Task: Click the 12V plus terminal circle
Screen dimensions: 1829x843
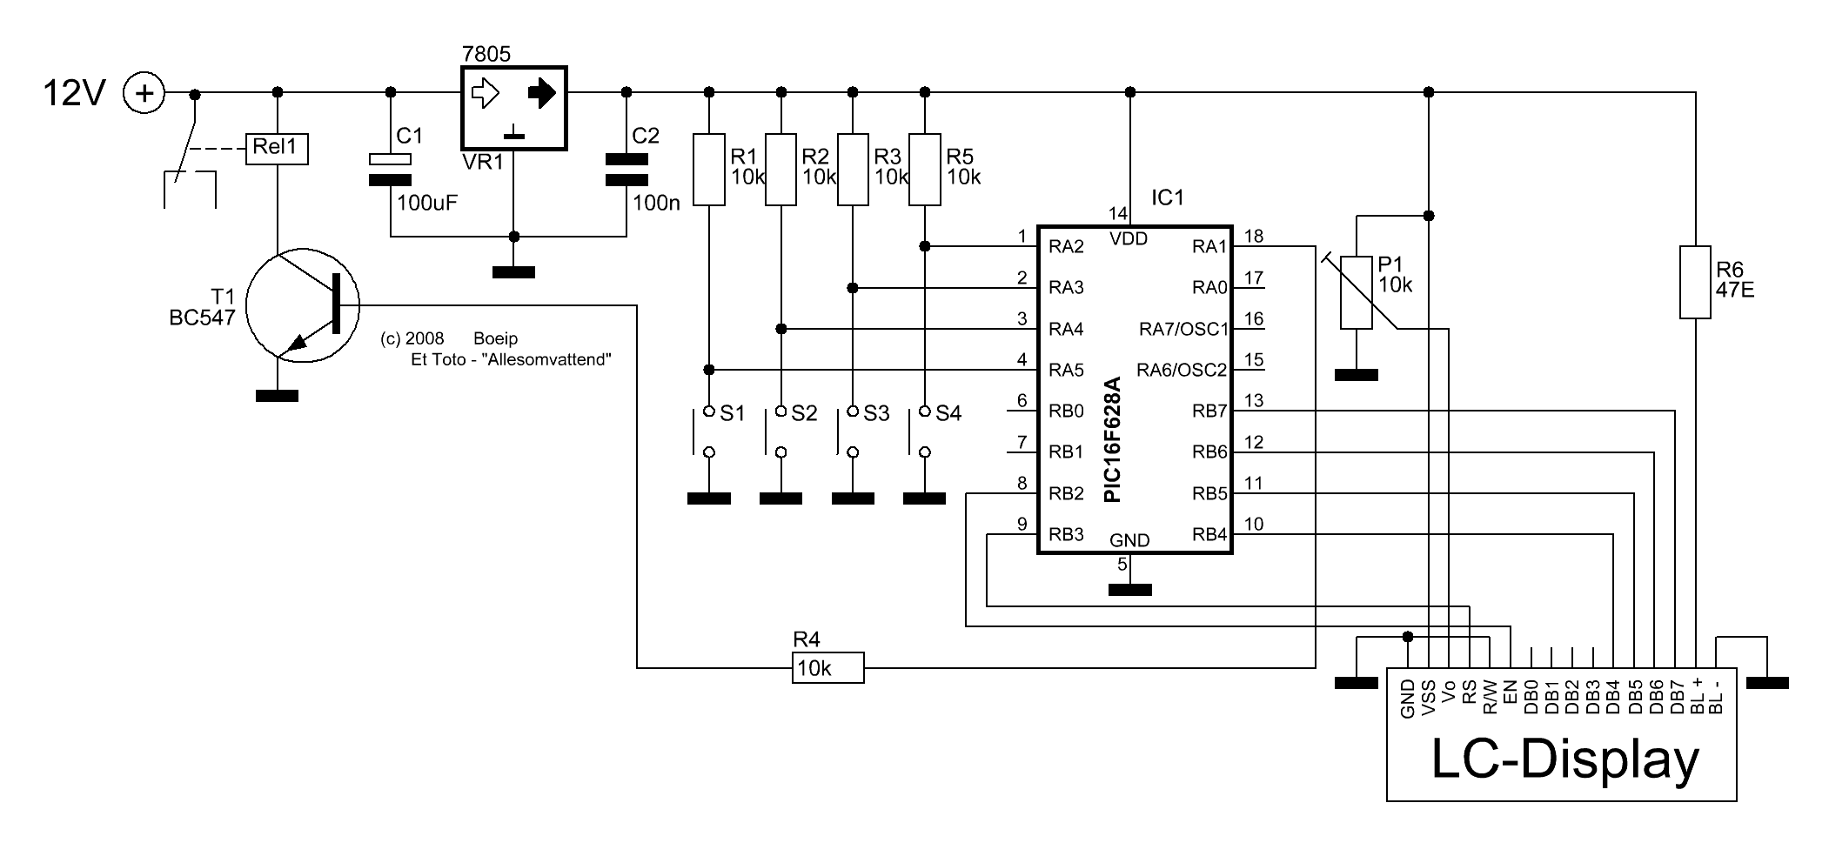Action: (144, 92)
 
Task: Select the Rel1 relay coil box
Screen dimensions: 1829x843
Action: (277, 148)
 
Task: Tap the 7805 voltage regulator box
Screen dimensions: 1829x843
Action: (513, 108)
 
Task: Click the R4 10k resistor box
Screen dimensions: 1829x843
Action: (828, 668)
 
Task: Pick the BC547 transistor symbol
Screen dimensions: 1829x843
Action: (303, 305)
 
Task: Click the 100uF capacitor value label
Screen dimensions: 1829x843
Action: (427, 204)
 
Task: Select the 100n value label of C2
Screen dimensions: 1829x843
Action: (657, 204)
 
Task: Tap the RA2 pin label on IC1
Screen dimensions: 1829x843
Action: (1066, 247)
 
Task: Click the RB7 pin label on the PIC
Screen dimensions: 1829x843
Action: (1209, 411)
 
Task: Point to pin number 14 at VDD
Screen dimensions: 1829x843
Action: (1117, 214)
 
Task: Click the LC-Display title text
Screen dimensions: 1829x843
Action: (1564, 759)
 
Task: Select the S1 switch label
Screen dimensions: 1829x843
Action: (733, 413)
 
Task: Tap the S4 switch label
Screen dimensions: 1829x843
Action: (948, 413)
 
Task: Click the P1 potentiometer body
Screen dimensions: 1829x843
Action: (1357, 292)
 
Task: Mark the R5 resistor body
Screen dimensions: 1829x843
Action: (925, 170)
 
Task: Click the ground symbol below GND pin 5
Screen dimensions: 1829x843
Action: (1130, 590)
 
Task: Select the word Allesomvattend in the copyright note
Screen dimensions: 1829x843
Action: (546, 359)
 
